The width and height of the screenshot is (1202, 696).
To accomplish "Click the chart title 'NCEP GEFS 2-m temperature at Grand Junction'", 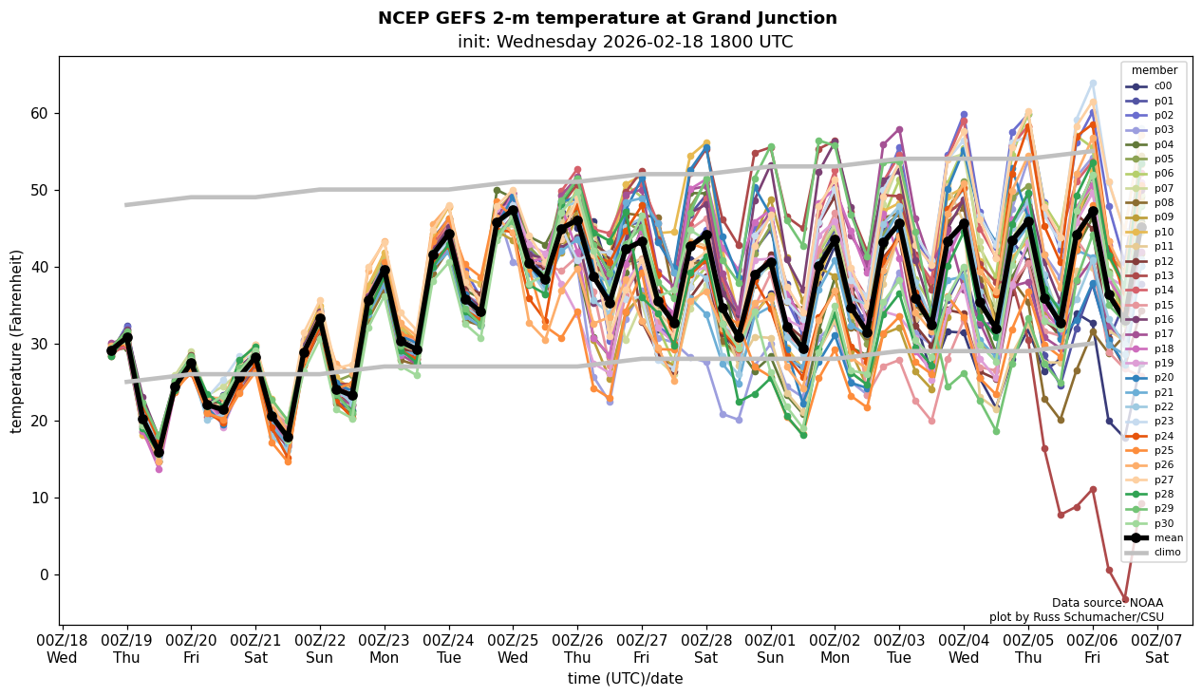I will pos(607,18).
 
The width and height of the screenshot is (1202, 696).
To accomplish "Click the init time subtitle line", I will pos(625,42).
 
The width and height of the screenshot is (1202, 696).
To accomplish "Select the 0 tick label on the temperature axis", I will pos(43,574).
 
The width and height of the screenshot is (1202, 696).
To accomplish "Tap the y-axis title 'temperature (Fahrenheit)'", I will pos(16,341).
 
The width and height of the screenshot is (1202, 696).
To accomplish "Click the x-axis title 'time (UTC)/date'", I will pos(625,678).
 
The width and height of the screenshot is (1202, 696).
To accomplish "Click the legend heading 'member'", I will pos(1154,70).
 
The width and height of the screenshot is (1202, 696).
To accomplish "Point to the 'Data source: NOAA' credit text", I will pos(1107,603).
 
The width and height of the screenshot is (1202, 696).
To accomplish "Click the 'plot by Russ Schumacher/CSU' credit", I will pos(1076,617).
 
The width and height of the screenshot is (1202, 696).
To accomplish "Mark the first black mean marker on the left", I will pos(111,351).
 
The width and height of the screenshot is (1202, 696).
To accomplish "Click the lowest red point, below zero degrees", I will pos(1125,599).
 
